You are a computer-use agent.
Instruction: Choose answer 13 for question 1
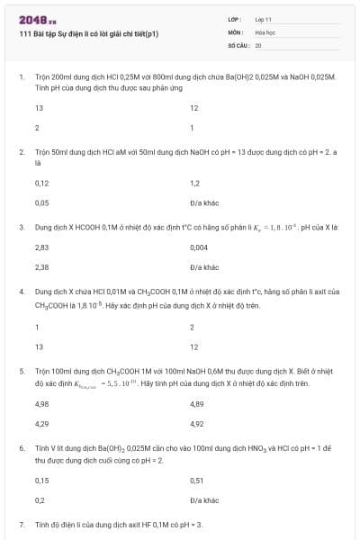click(39, 108)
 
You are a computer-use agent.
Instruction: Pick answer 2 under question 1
click(37, 128)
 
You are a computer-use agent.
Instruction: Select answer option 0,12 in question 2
click(41, 183)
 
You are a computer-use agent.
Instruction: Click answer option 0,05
click(41, 202)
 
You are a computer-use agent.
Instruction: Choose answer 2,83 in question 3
click(41, 247)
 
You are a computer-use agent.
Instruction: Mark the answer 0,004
click(199, 247)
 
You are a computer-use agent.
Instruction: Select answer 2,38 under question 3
click(41, 267)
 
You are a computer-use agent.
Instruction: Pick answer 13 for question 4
click(39, 346)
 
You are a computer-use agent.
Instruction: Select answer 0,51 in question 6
click(197, 480)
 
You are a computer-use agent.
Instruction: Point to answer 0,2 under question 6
click(40, 499)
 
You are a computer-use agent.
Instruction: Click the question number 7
click(22, 523)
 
